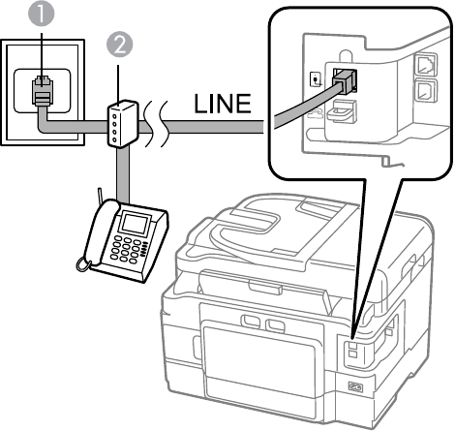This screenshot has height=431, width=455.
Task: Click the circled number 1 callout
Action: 42,14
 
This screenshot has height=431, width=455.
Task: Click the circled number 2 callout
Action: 119,45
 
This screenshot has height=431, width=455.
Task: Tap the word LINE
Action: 223,104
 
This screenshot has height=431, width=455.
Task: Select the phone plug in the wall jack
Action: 43,91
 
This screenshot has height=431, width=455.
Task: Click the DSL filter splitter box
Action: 122,123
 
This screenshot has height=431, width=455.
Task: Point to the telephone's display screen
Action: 135,223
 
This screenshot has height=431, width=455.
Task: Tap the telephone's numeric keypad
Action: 128,250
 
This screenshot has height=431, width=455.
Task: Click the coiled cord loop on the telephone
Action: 83,264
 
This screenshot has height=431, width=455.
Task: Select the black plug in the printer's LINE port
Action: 346,80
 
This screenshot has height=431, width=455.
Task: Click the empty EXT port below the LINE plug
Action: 342,111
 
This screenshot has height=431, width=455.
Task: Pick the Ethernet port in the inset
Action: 425,66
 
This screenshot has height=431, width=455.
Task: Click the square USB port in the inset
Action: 426,91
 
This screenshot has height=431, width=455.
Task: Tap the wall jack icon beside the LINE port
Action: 316,79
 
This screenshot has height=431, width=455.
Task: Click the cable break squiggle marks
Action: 156,124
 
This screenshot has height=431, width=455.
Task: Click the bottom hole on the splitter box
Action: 115,140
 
